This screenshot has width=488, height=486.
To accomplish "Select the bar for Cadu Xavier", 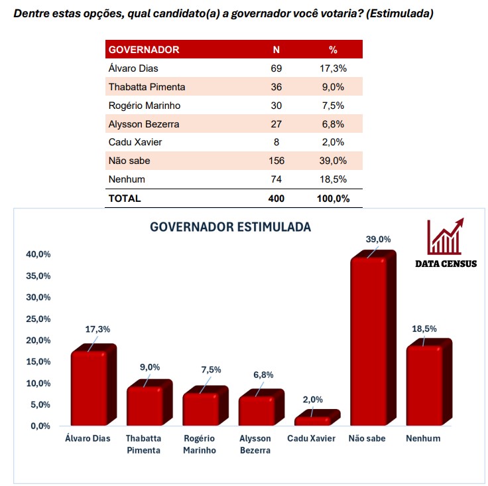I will (312, 420).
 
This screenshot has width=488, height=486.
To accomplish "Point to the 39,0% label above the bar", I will (379, 239).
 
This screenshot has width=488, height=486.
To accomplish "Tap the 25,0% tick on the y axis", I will (38, 319).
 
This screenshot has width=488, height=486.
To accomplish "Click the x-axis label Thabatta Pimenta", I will (143, 444).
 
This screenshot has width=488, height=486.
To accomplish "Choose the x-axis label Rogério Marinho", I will (200, 444).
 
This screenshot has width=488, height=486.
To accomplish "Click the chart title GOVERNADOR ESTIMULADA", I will (231, 226).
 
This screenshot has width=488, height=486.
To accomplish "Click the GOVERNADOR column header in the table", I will (144, 50).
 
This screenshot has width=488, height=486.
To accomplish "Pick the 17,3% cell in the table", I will (333, 68).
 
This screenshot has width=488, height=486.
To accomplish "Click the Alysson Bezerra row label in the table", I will (144, 124).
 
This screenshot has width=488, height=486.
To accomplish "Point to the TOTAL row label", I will (125, 198).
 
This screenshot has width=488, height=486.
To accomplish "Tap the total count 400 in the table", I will (276, 198).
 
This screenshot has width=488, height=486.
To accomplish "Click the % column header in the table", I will (333, 50).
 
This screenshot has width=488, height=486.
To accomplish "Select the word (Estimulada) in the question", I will (399, 13).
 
